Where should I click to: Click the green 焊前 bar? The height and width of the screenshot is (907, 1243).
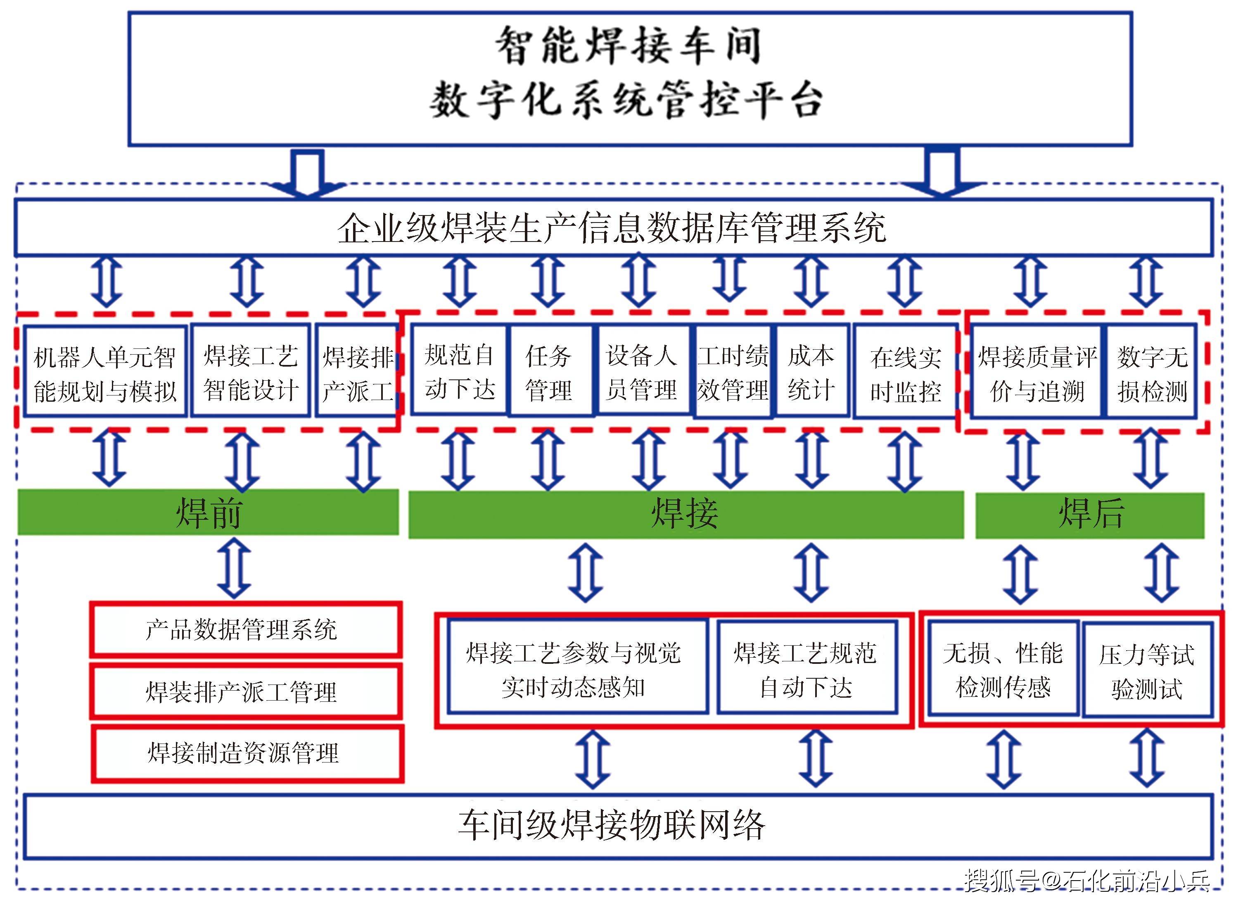point(208,512)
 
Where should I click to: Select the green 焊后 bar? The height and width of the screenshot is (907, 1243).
point(1089,515)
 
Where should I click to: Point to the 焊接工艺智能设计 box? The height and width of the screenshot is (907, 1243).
point(251,372)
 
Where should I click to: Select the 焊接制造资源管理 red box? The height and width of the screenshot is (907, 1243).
point(247,753)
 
